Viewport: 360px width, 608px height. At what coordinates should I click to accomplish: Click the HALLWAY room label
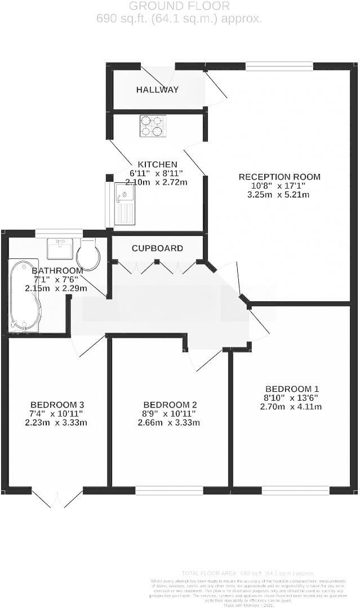[x=157, y=90]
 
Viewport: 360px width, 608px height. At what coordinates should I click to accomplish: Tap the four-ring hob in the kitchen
[x=153, y=126]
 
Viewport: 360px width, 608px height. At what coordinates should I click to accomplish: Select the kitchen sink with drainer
[x=125, y=203]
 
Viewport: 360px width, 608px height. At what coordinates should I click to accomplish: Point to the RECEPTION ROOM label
[x=279, y=177]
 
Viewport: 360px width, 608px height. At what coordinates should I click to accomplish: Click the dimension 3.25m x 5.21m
[x=279, y=195]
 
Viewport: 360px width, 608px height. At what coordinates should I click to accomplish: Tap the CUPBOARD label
[x=157, y=248]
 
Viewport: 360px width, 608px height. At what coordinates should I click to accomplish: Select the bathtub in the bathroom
[x=24, y=295]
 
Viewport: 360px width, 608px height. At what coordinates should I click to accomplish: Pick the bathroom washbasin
[x=60, y=248]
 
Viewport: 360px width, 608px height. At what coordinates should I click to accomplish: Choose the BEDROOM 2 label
[x=170, y=405]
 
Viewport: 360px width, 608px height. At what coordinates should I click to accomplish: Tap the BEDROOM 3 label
[x=57, y=405]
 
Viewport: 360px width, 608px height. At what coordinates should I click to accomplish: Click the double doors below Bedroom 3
[x=57, y=498]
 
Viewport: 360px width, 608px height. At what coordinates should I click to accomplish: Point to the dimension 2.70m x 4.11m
[x=291, y=406]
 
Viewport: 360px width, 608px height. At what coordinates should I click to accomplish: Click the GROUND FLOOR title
[x=179, y=6]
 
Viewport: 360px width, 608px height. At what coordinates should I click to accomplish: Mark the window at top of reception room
[x=279, y=66]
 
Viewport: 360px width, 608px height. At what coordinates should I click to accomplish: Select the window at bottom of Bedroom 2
[x=169, y=490]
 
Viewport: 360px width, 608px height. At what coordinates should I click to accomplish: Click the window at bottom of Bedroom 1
[x=296, y=490]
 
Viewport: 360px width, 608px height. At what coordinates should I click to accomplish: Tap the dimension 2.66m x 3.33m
[x=170, y=423]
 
